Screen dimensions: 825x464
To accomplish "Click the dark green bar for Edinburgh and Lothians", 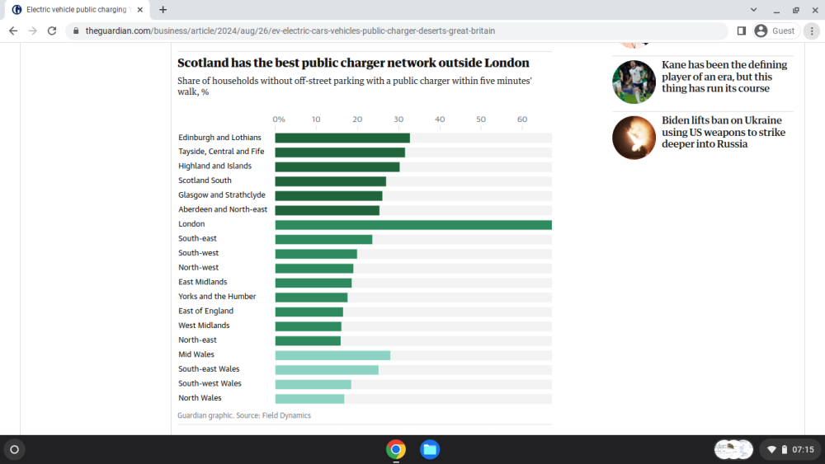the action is point(342,138).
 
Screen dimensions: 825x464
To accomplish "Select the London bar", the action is point(413,225).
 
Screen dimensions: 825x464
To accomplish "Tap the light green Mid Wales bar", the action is point(332,355).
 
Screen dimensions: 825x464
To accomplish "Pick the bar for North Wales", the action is point(309,399).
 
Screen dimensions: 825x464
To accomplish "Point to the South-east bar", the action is point(323,240).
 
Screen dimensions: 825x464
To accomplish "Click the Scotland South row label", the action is point(205,180).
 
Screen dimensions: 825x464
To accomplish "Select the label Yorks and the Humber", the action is point(217,297).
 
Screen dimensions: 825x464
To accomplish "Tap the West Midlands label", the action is point(204,326).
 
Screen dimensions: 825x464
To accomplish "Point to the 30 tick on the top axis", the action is point(398,120).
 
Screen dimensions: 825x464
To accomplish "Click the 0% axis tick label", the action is point(279,120).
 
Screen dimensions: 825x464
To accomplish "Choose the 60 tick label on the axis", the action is point(522,120).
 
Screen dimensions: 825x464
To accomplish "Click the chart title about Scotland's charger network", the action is point(353,63).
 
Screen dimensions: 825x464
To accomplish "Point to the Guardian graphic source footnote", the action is point(244,415).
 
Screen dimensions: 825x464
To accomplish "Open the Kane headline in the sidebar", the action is point(724,76).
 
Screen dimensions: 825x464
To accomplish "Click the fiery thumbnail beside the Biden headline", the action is point(634,138).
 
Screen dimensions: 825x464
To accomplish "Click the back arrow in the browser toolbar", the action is point(13,31).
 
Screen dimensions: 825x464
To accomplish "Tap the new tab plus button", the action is point(163,9).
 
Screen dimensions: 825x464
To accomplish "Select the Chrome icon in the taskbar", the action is point(396,449).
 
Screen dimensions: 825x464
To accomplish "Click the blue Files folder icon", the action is point(430,449).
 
